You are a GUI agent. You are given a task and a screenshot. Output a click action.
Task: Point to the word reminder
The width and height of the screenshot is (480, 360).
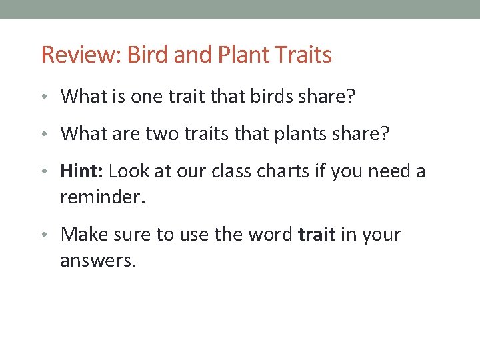point(101,197)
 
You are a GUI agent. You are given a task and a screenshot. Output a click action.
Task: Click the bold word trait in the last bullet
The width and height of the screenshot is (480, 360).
point(317,235)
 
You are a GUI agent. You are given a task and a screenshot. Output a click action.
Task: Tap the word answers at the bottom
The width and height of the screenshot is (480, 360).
point(98,261)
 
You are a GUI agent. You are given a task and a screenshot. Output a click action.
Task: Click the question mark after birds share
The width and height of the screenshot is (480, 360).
point(351,97)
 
